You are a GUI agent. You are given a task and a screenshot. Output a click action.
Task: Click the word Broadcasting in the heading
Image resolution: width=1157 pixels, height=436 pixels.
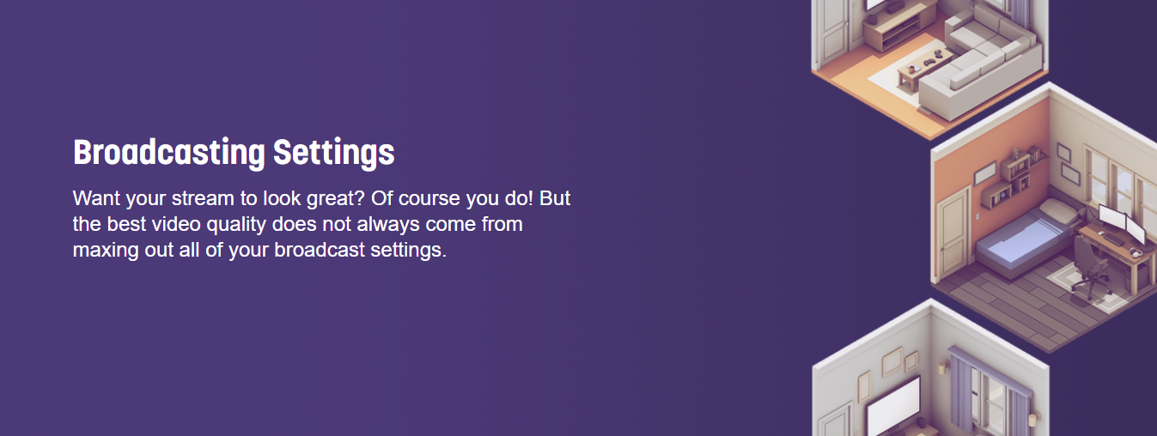[169, 153]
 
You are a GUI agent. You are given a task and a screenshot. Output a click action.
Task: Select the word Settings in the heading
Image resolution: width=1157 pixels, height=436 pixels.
[333, 153]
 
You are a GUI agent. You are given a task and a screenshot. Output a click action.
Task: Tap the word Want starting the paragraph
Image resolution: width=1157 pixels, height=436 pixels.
[96, 198]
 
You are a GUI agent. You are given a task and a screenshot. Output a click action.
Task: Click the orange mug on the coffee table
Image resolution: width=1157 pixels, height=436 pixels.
[912, 68]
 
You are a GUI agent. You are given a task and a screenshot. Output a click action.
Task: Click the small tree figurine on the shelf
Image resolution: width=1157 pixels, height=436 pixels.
[1015, 154]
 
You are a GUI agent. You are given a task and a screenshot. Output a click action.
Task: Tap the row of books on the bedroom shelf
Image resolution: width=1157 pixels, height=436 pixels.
[1035, 154]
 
